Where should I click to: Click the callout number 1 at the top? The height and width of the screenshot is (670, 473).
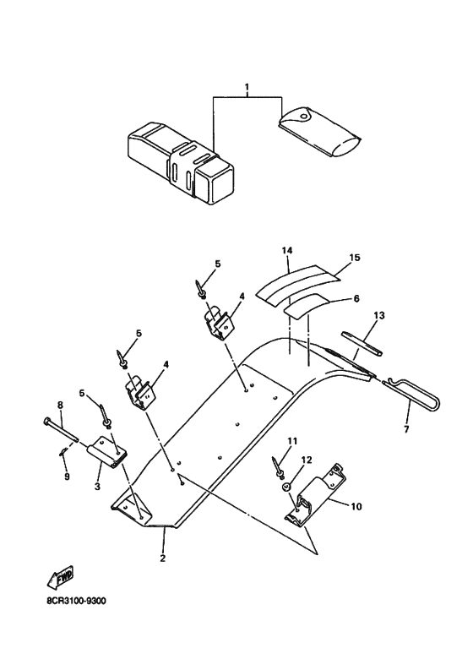click(247, 87)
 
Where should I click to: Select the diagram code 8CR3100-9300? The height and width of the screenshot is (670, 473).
click(76, 602)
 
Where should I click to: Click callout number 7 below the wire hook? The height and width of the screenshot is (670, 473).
click(406, 428)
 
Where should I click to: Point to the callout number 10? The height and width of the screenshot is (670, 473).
click(356, 506)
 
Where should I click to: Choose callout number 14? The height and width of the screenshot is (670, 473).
click(286, 250)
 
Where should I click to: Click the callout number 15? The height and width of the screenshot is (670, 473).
click(355, 258)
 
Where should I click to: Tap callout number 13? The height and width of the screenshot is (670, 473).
click(379, 315)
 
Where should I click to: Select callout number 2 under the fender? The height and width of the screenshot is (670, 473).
click(163, 558)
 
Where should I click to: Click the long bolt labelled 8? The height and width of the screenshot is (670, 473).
click(61, 429)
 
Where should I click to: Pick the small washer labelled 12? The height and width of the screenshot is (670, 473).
click(286, 487)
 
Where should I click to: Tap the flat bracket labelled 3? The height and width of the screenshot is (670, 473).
click(108, 452)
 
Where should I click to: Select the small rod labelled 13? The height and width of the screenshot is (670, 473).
click(362, 343)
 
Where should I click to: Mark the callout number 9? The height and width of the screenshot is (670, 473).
click(67, 477)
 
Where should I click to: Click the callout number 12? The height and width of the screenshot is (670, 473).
click(307, 460)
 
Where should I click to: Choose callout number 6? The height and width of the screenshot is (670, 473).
click(356, 298)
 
